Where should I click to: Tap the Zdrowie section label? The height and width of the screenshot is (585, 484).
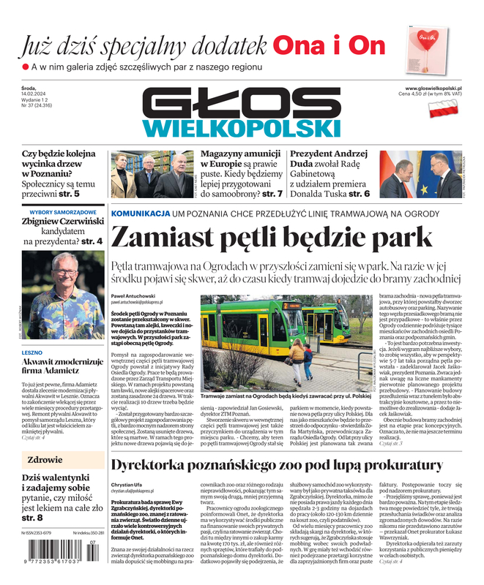coord(45,460)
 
